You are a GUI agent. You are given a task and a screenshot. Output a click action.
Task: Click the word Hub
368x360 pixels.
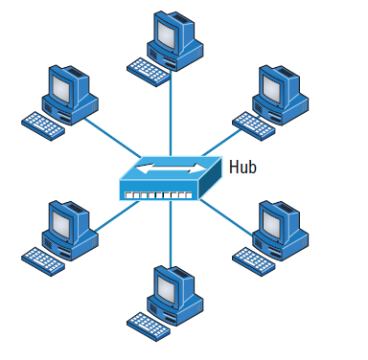click(x=242, y=168)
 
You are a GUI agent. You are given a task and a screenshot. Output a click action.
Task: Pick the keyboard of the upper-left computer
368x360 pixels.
click(x=42, y=124)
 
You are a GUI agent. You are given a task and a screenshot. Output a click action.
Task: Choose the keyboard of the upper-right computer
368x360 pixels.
click(x=252, y=122)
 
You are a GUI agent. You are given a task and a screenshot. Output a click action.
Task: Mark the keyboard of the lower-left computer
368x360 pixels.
click(x=42, y=257)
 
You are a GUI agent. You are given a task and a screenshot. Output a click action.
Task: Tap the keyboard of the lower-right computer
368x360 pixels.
click(x=253, y=257)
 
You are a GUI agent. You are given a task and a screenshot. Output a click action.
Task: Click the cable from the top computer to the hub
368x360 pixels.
click(x=172, y=115)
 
